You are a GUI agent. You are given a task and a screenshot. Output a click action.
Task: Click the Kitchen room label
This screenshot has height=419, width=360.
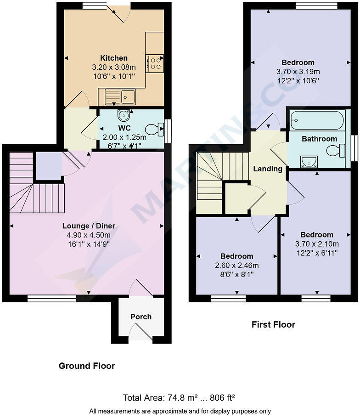point(114,58)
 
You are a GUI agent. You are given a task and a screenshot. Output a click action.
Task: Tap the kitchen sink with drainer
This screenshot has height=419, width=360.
point(120,96)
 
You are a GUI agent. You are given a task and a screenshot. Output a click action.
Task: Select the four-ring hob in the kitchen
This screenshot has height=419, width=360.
point(155,63)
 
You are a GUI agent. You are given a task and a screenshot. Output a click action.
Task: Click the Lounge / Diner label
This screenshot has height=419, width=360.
point(89,226)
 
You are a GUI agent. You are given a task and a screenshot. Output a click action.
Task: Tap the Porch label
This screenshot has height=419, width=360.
point(141,317)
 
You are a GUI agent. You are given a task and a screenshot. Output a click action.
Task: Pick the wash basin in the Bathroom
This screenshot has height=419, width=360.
point(309,161)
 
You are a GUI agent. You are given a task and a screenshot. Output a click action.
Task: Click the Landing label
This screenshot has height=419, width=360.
point(268,169)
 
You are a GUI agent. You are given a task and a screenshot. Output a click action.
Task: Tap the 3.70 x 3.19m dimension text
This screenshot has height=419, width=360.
point(298,72)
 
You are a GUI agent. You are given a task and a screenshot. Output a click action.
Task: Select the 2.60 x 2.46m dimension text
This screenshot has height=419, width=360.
point(236,266)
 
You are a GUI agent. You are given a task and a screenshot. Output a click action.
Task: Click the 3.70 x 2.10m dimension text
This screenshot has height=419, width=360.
point(317,244)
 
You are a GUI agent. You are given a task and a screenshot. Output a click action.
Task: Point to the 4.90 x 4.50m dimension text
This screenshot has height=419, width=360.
point(89,235)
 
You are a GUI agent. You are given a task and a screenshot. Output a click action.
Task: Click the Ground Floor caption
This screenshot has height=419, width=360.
point(87,366)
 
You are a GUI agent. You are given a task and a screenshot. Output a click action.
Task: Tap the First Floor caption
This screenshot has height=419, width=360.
point(273,324)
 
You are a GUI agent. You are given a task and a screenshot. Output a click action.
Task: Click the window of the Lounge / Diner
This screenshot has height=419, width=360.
point(51,299)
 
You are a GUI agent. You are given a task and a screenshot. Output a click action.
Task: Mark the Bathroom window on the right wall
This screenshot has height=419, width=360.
point(354,148)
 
